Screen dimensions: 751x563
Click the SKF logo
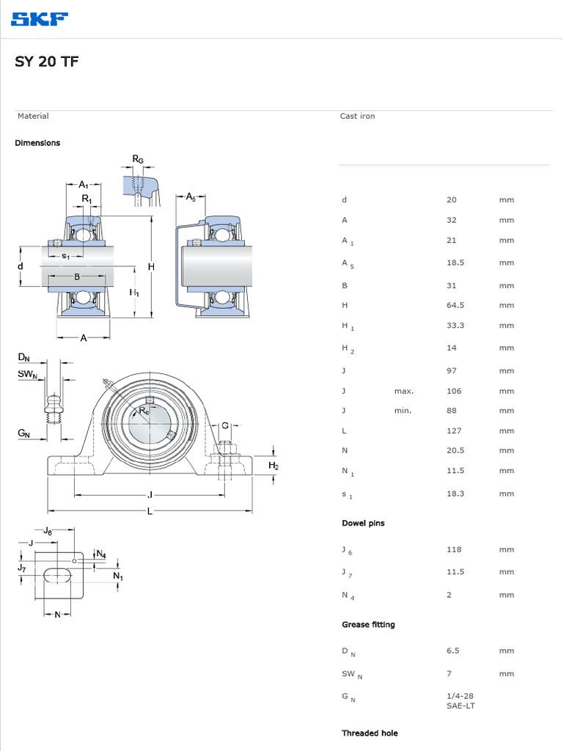tap(40, 19)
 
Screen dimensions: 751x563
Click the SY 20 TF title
tap(46, 62)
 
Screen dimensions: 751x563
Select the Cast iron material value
tap(357, 116)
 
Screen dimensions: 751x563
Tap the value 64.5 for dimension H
tap(455, 305)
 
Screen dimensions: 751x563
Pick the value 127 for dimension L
tap(454, 431)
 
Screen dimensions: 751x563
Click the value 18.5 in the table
tap(455, 262)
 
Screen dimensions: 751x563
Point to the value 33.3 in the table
tap(455, 325)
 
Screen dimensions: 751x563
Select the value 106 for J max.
tap(454, 391)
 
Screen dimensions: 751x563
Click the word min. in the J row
tap(402, 411)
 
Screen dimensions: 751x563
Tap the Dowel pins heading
tap(363, 523)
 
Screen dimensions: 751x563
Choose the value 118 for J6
tap(454, 549)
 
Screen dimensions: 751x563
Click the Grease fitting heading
tap(368, 624)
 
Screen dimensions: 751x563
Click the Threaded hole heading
tap(369, 733)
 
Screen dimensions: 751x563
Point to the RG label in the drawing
tap(138, 159)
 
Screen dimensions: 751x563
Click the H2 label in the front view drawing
tap(273, 466)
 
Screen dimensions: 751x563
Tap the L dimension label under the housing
tap(150, 511)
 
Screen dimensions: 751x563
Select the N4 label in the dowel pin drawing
tap(101, 554)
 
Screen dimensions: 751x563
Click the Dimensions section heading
tap(37, 143)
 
